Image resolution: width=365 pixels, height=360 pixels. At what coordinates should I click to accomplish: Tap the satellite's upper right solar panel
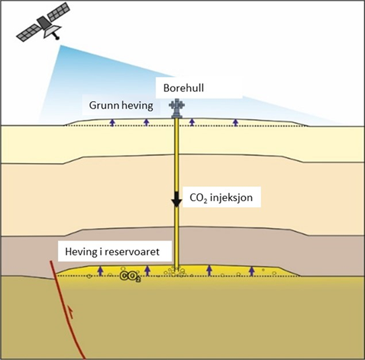tap(59, 11)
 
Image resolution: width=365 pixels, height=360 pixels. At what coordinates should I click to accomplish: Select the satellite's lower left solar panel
tap(28, 33)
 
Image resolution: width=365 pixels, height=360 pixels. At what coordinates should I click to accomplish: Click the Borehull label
tap(183, 88)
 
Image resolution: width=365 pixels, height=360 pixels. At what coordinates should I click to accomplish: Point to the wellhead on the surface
tap(176, 108)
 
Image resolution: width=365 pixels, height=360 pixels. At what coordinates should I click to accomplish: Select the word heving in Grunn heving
tap(137, 106)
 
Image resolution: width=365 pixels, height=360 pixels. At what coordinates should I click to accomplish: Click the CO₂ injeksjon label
tap(221, 198)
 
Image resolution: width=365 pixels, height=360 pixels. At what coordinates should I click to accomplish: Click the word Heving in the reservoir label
tap(81, 252)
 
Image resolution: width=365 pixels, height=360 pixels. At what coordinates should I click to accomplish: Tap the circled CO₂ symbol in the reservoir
tap(131, 276)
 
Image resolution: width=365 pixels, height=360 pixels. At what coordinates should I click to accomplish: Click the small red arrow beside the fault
tap(71, 311)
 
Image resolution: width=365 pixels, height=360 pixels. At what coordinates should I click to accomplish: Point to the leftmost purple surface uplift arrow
tap(112, 123)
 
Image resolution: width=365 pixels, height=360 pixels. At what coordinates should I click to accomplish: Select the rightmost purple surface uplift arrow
tap(236, 123)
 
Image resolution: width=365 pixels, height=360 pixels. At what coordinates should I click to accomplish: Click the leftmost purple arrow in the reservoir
tap(100, 271)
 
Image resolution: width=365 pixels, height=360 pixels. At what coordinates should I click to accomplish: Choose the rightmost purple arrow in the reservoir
tap(251, 271)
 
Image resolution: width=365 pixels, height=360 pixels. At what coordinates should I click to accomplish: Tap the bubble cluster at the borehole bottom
tap(175, 271)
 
